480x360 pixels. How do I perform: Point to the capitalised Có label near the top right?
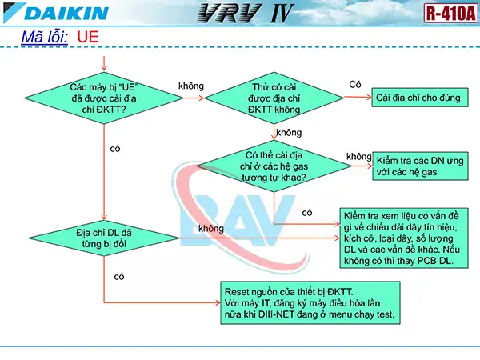(x=356, y=84)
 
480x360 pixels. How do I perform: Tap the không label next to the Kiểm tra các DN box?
(x=359, y=155)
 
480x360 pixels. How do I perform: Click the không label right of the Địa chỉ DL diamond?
(x=210, y=229)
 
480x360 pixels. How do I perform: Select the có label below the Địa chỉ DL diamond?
(x=119, y=276)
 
